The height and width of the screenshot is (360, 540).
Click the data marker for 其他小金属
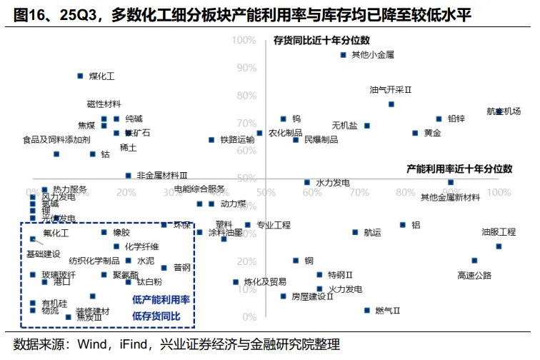(x=344, y=54)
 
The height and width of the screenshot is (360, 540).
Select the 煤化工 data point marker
(x=80, y=76)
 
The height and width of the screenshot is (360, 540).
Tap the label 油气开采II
(x=391, y=90)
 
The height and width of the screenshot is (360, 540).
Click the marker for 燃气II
(x=367, y=310)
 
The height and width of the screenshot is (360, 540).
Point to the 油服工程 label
(x=498, y=232)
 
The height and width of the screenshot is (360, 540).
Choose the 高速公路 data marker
(x=474, y=261)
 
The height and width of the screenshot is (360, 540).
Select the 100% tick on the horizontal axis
(x=498, y=193)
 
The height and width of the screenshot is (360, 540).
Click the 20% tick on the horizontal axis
(x=126, y=193)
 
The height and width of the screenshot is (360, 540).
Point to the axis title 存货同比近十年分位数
(x=326, y=41)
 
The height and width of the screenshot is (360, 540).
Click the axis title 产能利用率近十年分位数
(x=459, y=169)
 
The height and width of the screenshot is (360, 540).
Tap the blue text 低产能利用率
(x=161, y=299)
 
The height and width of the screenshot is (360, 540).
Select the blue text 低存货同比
(x=156, y=315)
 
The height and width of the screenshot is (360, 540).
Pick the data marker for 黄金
(x=414, y=133)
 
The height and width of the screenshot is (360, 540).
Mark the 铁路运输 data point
(x=211, y=140)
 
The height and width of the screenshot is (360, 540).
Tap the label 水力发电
(x=332, y=183)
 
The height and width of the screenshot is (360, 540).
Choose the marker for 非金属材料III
(x=129, y=175)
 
